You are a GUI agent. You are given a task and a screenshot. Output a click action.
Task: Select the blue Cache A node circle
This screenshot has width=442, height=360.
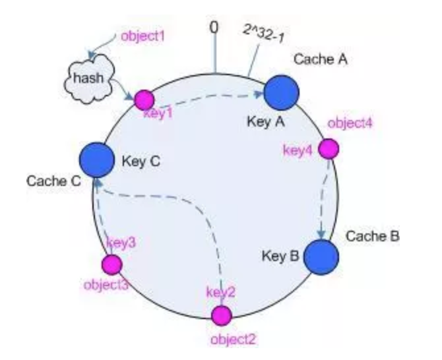[283, 92]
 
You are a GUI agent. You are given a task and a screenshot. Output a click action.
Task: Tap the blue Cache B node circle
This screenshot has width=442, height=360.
[321, 257]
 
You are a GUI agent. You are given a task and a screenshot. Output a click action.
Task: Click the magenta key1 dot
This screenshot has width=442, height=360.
[144, 100]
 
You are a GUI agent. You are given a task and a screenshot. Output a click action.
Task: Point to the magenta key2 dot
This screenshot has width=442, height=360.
[221, 315]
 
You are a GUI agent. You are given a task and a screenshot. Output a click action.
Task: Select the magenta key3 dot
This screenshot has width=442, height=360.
[112, 264]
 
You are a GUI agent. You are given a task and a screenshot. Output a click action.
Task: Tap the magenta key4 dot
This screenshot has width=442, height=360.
[329, 149]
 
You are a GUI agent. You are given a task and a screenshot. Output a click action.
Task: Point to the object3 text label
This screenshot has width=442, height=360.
[107, 285]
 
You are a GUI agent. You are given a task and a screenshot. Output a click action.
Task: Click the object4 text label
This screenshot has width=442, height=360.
[350, 123]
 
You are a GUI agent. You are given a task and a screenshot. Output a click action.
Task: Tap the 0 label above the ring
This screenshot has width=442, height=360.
[214, 26]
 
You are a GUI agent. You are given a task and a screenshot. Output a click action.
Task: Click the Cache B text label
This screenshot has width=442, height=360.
[372, 235]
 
